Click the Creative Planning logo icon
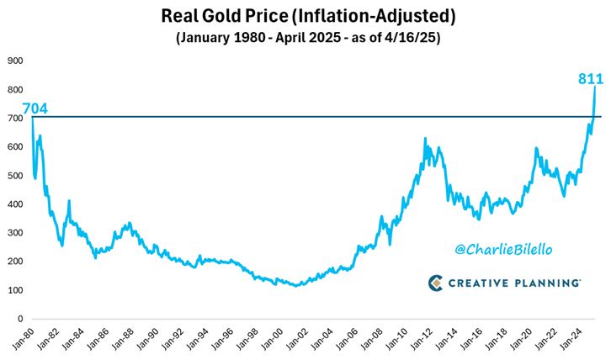coord(436,283)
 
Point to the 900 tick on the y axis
coord(14,61)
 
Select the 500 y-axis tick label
coord(14,176)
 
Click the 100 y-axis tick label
coord(14,291)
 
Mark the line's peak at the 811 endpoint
coord(595,86)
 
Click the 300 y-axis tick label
coord(14,233)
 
